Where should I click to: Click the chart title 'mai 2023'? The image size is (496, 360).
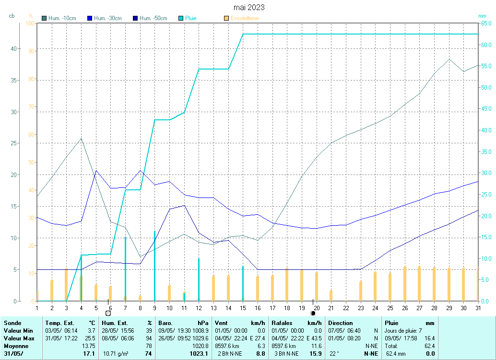(248, 8)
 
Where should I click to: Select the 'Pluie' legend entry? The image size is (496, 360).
(190, 18)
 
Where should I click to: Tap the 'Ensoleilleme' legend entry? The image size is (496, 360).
(244, 18)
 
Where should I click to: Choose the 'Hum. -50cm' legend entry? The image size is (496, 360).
(153, 18)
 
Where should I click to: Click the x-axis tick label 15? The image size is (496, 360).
(243, 307)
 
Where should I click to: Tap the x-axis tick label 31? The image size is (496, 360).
(478, 307)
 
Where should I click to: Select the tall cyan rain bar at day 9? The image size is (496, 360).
(154, 266)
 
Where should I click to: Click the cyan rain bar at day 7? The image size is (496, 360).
(125, 268)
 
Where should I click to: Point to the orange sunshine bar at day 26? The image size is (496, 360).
(405, 283)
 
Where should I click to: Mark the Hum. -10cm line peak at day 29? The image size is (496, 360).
(449, 59)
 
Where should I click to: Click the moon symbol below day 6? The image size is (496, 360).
(108, 313)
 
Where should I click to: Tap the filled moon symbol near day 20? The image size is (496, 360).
(313, 313)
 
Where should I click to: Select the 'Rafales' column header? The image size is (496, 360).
(283, 323)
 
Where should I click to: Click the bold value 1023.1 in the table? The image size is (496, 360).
(200, 354)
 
